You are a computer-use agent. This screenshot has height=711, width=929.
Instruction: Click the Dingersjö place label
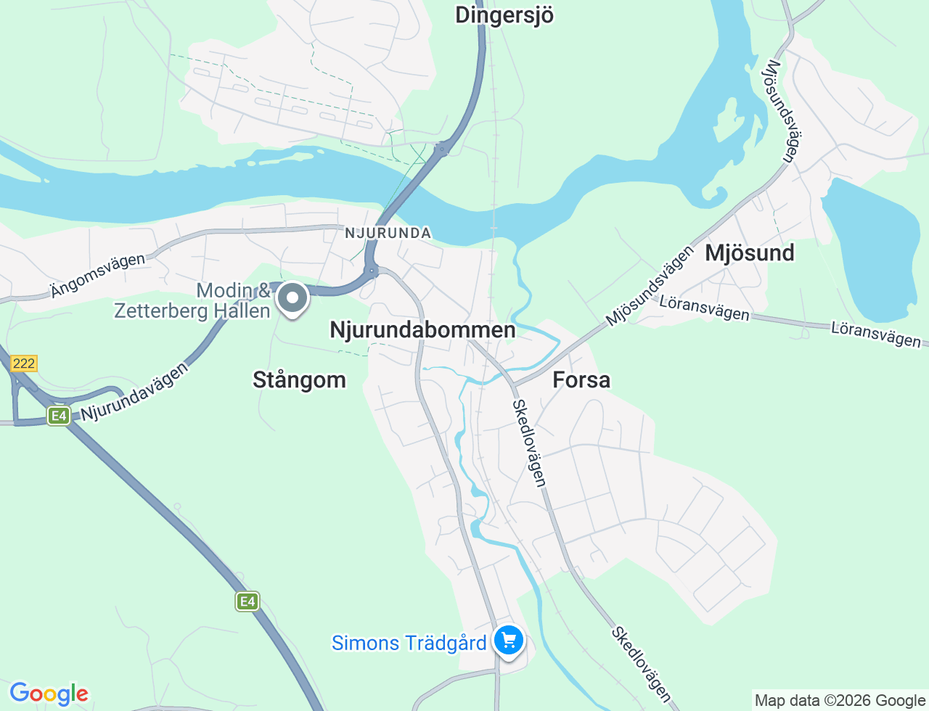504,15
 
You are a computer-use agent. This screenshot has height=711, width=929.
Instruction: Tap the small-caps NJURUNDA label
388,233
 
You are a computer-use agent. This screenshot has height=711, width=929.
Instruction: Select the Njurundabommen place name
422,330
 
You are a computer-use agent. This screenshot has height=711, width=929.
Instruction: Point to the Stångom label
299,379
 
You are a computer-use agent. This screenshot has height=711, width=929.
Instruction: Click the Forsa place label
581,379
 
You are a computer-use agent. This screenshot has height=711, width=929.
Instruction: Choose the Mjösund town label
750,253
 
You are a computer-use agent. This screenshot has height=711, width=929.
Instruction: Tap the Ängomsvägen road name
98,276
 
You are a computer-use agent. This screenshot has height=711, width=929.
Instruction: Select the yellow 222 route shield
24,363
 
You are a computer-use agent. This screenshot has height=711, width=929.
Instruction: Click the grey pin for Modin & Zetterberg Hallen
292,298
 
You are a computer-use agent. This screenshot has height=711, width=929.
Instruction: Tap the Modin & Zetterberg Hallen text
192,300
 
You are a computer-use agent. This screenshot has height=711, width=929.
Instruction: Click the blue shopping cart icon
509,641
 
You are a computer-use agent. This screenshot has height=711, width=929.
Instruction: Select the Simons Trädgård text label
409,643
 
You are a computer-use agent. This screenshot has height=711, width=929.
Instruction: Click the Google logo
49,694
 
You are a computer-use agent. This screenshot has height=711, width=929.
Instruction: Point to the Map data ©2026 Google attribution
840,700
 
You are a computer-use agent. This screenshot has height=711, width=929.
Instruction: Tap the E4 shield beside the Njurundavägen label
59,416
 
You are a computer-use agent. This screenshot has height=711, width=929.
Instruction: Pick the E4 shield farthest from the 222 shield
247,601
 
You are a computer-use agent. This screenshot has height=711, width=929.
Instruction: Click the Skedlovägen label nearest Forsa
529,443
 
